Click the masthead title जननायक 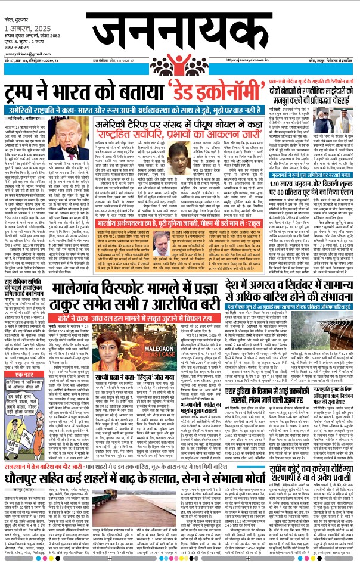click(x=179, y=30)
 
